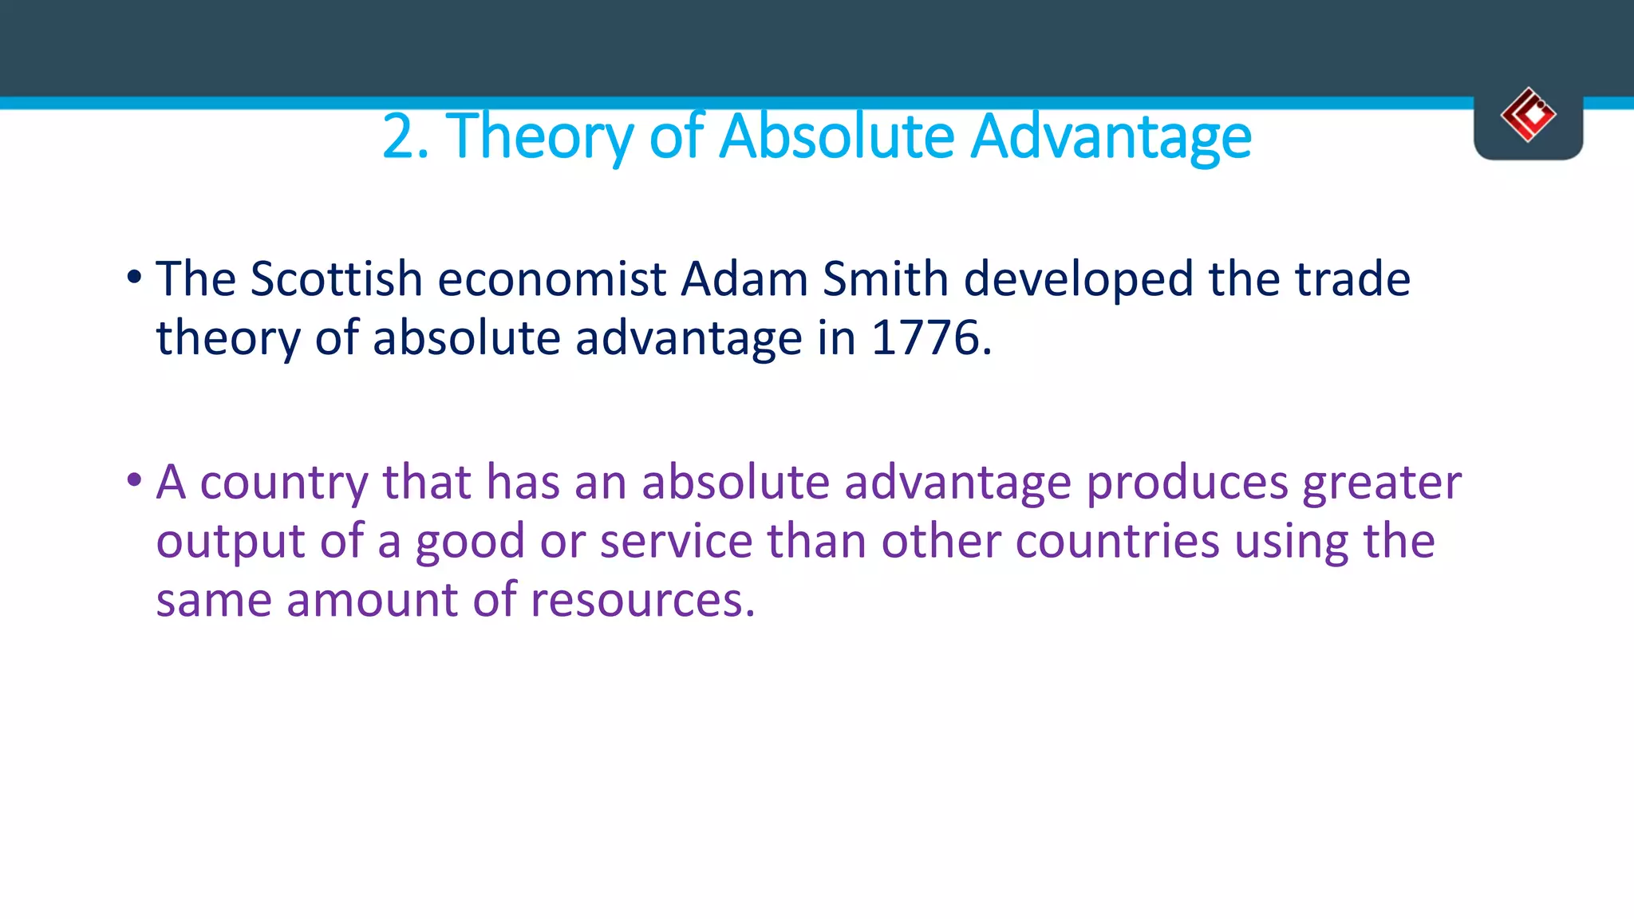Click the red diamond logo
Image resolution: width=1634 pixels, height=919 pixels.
[x=1528, y=115]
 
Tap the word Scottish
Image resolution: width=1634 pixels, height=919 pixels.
[x=336, y=279]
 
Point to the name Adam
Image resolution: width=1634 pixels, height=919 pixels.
[x=744, y=279]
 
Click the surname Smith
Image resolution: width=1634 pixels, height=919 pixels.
[x=885, y=279]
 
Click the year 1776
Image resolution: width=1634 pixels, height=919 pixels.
[x=926, y=338]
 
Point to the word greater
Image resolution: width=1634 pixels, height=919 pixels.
[x=1382, y=483]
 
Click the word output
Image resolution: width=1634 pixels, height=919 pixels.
[x=231, y=542]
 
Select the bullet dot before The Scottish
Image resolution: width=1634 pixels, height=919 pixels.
[x=134, y=278]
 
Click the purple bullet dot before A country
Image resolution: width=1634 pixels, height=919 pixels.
[x=134, y=481]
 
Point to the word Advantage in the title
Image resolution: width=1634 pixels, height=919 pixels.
[x=1111, y=136]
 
